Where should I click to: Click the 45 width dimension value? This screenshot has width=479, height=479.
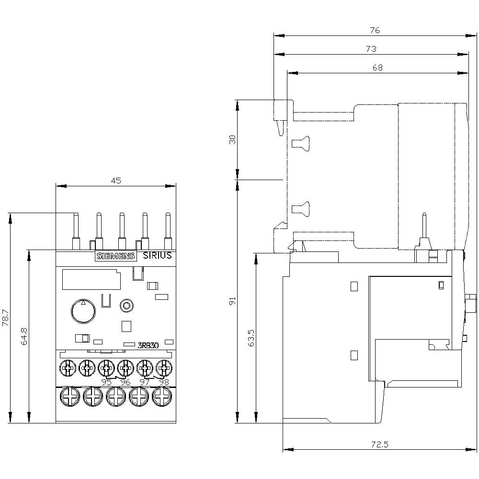pyautogui.click(x=116, y=181)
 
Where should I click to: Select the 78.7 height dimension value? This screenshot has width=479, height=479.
pyautogui.click(x=6, y=318)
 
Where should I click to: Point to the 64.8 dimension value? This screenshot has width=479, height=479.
pyautogui.click(x=25, y=336)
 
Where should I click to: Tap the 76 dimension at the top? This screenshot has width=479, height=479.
pyautogui.click(x=375, y=30)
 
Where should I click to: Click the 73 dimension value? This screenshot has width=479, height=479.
pyautogui.click(x=371, y=49)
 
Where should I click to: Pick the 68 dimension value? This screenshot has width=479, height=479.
pyautogui.click(x=377, y=68)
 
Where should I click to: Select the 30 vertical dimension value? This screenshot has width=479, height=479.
pyautogui.click(x=233, y=139)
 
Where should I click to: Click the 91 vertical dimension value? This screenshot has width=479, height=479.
pyautogui.click(x=233, y=301)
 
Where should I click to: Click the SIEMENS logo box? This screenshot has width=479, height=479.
pyautogui.click(x=116, y=256)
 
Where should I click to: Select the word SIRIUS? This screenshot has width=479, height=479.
pyautogui.click(x=157, y=256)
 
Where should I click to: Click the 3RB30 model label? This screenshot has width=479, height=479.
pyautogui.click(x=148, y=345)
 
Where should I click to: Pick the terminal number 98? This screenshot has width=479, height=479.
pyautogui.click(x=164, y=382)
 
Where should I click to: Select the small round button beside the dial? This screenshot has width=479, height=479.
pyautogui.click(x=126, y=305)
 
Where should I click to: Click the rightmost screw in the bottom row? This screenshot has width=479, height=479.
pyautogui.click(x=161, y=397)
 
